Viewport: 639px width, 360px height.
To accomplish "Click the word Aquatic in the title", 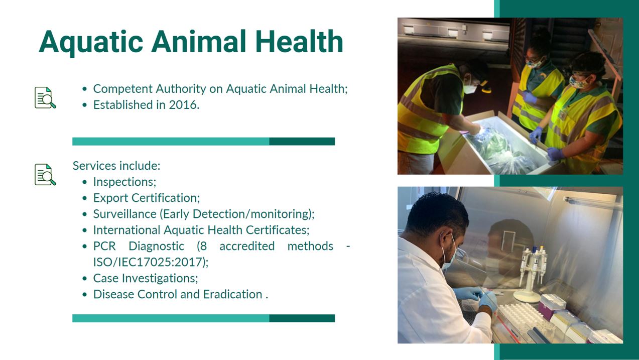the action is (91, 43).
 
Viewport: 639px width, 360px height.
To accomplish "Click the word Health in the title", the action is (299, 41).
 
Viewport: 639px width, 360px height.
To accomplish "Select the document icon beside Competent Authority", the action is (45, 97).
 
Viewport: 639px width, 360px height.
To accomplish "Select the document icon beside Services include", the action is (45, 175).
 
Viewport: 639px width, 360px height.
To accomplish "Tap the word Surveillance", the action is (124, 214).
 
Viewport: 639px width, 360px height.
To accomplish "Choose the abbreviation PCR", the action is (104, 246).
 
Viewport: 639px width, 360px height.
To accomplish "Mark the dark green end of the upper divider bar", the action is (302, 141).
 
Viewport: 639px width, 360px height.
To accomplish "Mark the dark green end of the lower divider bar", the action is (302, 318).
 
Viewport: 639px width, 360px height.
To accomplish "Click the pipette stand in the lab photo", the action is (531, 274).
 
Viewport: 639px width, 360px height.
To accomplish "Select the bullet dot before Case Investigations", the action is (84, 279).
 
